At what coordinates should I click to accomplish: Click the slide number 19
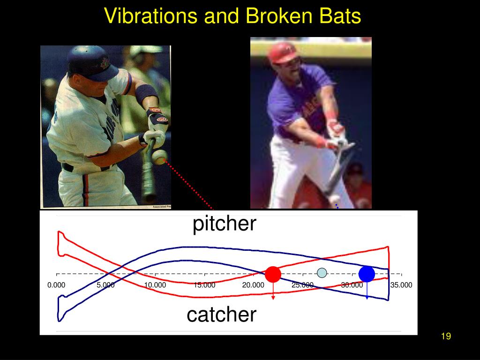[446, 336]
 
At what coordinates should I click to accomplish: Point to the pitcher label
[225, 224]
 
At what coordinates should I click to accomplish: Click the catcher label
[221, 314]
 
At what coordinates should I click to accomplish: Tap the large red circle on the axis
[273, 274]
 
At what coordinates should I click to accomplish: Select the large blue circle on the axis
[367, 274]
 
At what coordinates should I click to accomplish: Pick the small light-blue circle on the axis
[322, 272]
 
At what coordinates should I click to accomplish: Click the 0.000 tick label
[56, 285]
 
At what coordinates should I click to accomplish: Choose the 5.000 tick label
[105, 285]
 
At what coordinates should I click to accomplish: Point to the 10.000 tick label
[155, 285]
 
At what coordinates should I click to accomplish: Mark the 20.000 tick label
[254, 285]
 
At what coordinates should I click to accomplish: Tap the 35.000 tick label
[401, 285]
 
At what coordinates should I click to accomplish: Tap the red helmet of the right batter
[283, 52]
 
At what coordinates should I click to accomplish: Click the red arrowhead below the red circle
[273, 297]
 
